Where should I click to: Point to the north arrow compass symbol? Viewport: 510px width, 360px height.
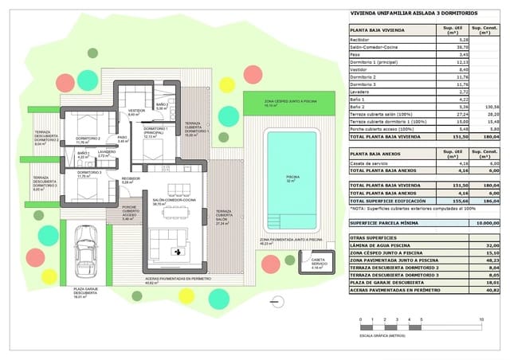pos(276,300)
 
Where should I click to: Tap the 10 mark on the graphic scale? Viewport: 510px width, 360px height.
pos(481,319)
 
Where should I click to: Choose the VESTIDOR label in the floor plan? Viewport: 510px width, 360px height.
pos(136,111)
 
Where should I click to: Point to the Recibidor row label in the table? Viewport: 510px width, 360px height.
pos(360,39)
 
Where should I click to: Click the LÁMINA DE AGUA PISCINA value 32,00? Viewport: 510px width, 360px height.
pos(491,245)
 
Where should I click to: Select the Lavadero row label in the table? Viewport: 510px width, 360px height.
pos(361,92)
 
